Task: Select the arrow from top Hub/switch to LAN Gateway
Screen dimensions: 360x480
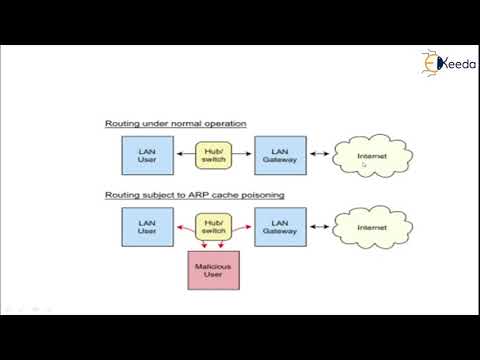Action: point(242,154)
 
